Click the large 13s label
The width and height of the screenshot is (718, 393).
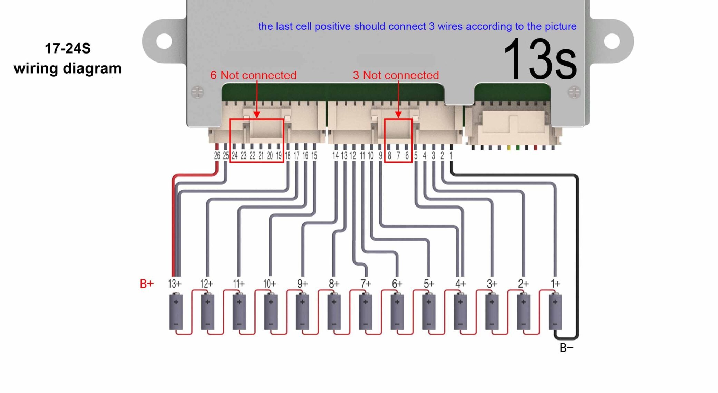click(x=540, y=59)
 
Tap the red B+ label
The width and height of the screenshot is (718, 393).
click(x=146, y=284)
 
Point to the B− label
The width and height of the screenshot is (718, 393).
click(x=566, y=348)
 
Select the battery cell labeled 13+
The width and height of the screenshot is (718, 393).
click(x=176, y=312)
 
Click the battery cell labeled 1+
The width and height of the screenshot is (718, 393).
click(x=555, y=312)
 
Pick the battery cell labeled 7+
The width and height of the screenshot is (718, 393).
click(x=366, y=312)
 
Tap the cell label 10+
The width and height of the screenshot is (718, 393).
click(x=270, y=284)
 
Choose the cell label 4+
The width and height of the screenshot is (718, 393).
click(x=460, y=284)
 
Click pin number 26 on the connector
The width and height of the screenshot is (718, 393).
click(x=217, y=156)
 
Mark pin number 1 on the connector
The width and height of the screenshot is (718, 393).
click(x=451, y=156)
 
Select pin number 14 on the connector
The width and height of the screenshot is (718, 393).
click(x=335, y=156)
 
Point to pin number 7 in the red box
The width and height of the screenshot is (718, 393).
click(x=398, y=156)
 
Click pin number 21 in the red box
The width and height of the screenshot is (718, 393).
click(x=261, y=156)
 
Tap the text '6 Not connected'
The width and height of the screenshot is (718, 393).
click(x=253, y=75)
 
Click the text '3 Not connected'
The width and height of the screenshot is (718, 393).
click(x=396, y=75)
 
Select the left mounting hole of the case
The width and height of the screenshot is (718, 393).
click(x=164, y=41)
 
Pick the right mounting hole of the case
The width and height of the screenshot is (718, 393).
click(x=612, y=41)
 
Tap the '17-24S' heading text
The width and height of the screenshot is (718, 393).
click(x=68, y=49)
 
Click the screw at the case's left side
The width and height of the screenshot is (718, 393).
click(x=197, y=92)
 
